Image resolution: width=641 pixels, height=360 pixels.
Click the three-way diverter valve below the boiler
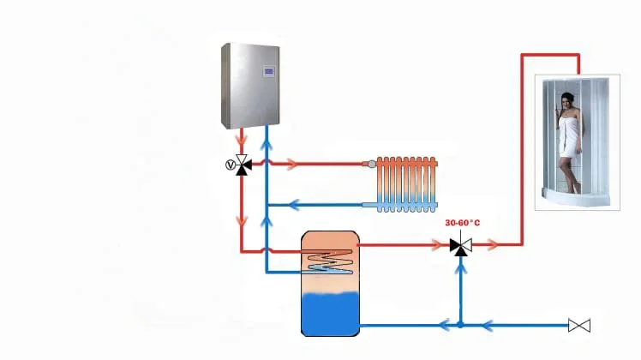coord(243,163)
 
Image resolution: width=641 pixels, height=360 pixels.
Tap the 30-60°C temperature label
coord(462,224)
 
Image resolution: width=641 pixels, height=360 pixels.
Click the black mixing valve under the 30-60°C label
coord(460,245)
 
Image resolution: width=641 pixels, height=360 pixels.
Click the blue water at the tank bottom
coord(329,312)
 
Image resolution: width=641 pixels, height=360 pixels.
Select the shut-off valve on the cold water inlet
coord(580,325)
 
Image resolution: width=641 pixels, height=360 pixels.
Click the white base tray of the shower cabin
coord(575,199)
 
